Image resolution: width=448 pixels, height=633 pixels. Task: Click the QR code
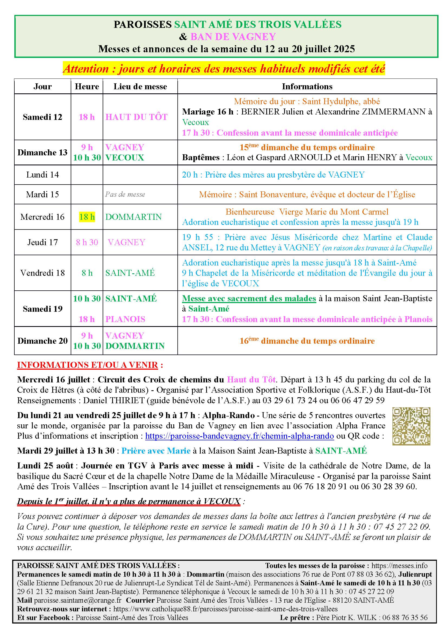[411, 426]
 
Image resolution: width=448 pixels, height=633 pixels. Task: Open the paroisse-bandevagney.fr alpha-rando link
[239, 436]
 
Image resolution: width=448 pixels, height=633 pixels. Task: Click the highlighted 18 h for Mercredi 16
[87, 217]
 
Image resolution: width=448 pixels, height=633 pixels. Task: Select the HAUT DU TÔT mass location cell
[136, 117]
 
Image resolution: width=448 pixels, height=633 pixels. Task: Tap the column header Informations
[307, 87]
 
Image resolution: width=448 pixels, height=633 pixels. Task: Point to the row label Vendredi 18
[43, 273]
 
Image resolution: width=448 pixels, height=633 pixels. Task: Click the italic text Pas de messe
[125, 194]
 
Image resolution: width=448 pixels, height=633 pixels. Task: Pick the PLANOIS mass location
[125, 319]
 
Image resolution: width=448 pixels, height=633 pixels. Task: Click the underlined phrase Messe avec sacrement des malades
[249, 298]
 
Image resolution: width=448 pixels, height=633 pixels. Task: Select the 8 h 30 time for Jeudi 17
[87, 242]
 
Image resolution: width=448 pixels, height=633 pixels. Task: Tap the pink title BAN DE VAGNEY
[233, 36]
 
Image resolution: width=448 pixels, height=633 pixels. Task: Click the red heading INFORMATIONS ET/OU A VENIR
[88, 365]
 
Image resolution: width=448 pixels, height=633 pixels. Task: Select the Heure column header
[87, 87]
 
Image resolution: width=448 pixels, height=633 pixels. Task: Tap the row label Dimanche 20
[43, 341]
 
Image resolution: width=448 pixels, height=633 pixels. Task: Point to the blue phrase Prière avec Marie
[156, 451]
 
